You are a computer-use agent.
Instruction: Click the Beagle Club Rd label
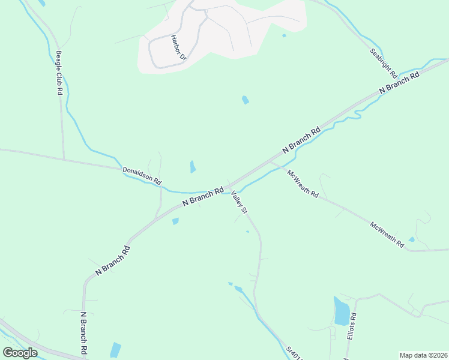[59, 73]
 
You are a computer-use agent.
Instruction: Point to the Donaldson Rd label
[142, 175]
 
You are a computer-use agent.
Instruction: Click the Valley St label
[239, 202]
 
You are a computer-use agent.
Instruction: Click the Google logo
[20, 353]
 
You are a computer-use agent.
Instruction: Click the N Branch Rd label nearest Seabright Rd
[399, 82]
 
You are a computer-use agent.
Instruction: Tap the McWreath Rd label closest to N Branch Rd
[303, 184]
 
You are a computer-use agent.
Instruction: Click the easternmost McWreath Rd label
[387, 235]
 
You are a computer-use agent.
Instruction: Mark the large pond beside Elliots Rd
[342, 311]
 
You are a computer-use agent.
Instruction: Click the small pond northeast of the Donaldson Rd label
[193, 167]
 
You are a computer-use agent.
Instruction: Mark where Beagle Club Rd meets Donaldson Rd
[64, 159]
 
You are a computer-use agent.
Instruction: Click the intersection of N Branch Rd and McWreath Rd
[269, 160]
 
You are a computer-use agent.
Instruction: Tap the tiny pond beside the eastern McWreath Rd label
[411, 239]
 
